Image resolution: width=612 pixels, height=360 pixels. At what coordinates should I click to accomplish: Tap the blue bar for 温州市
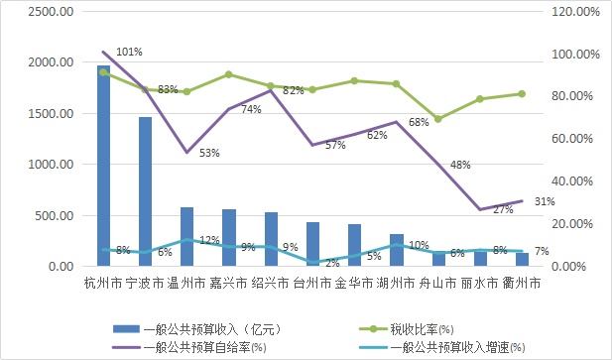point(186,236)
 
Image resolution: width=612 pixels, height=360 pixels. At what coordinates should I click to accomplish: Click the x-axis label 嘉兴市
point(228,283)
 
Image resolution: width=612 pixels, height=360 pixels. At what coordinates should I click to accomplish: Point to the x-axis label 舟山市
point(437,283)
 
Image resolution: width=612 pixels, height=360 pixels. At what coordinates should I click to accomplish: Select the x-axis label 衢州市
point(521,283)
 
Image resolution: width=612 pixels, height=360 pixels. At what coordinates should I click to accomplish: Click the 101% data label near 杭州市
point(129,51)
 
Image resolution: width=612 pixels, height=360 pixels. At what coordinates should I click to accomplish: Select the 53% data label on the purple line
point(209,153)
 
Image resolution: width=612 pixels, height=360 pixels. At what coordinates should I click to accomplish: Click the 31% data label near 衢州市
point(545,201)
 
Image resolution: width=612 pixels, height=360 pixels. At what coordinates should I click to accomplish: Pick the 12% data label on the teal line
point(209,240)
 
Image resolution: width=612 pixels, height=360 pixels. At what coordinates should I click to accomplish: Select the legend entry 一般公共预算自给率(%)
point(203,346)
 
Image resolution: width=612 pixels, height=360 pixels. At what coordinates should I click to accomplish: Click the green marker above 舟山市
point(438,119)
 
